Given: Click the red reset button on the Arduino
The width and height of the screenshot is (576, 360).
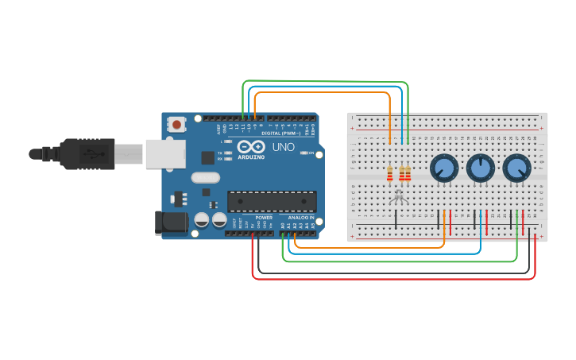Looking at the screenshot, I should point(176,124).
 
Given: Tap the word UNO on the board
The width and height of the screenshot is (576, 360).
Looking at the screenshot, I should point(284,148).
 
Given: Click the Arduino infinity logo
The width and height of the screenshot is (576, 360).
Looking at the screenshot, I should point(252,148).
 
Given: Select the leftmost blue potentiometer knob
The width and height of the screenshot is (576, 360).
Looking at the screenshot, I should point(443,168).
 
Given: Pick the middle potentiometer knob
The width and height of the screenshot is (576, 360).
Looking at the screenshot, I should point(480,168).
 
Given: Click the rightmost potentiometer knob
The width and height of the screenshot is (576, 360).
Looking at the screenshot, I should point(516,168).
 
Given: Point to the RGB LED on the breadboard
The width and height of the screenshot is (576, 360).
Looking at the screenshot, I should point(400,194).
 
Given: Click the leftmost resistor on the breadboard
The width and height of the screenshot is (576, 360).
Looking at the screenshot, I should point(389,173).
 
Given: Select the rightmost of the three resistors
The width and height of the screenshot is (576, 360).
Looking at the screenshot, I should point(408,173).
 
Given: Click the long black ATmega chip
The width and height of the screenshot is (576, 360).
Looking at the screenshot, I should point(272,202).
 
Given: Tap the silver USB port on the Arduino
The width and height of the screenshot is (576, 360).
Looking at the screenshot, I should point(164,153).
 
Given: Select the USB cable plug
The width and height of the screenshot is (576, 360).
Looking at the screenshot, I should point(91,153).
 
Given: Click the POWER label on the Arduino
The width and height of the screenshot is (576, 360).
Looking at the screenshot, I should point(264,218).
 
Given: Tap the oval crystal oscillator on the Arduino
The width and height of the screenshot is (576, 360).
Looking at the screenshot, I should point(204,178).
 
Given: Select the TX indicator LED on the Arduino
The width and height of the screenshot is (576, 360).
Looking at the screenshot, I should point(229,152).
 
